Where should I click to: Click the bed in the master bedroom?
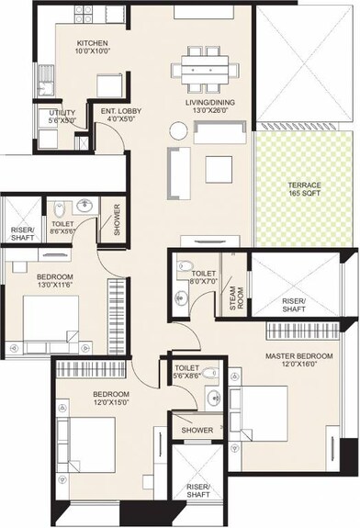269,413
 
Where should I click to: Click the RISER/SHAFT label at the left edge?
21,234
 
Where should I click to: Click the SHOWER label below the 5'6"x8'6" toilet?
197,430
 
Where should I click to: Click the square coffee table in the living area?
219,169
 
